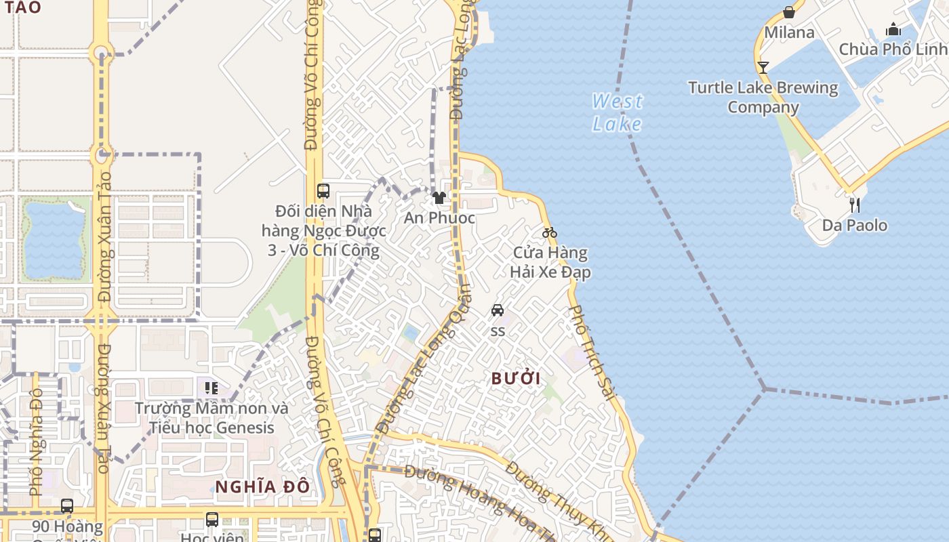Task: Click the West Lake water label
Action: tap(617, 112)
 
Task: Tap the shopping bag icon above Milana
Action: tap(788, 12)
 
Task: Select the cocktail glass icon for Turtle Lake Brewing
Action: tap(763, 67)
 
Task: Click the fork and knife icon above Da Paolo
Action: tap(854, 204)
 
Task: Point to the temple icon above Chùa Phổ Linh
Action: tap(893, 29)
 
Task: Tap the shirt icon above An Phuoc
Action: tap(439, 198)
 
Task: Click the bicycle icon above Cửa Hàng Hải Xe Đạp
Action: tap(549, 233)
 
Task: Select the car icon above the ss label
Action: tap(498, 310)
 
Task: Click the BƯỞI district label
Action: tap(516, 379)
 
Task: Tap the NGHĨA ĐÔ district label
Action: tap(262, 486)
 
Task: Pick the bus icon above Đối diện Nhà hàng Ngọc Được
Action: tap(323, 191)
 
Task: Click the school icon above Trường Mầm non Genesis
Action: tap(211, 388)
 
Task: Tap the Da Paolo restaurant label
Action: tap(854, 225)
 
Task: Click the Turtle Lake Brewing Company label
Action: tap(763, 97)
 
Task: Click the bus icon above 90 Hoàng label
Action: tap(66, 505)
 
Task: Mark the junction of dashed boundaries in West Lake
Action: tap(765, 389)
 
